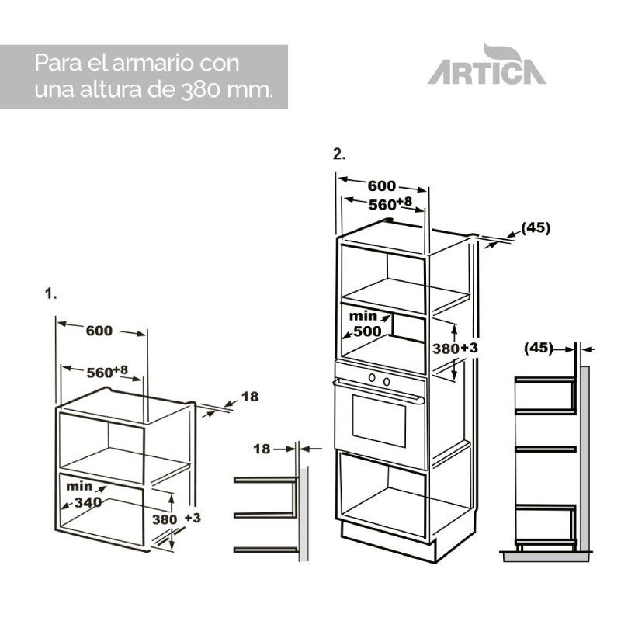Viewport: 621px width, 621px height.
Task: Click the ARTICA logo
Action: click(x=487, y=65)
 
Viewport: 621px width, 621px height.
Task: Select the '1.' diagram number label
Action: click(x=50, y=294)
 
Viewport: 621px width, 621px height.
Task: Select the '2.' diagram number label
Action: click(x=339, y=154)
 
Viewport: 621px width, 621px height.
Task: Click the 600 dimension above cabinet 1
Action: click(x=99, y=331)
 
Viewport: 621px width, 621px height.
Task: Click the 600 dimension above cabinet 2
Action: click(x=381, y=186)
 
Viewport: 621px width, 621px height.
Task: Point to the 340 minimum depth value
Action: click(x=88, y=502)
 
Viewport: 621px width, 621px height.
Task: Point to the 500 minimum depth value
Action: click(x=367, y=331)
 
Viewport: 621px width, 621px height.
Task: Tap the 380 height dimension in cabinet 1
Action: click(x=165, y=519)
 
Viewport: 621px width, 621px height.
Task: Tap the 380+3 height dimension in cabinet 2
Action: click(x=455, y=349)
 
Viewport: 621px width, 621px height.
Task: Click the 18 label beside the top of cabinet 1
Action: click(x=250, y=397)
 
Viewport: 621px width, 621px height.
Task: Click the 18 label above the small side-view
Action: click(x=262, y=449)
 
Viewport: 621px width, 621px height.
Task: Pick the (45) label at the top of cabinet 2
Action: click(x=536, y=227)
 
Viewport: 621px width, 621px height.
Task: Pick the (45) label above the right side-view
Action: click(x=538, y=348)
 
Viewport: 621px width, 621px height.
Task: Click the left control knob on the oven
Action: click(x=372, y=378)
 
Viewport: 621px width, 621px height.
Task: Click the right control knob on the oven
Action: click(x=387, y=382)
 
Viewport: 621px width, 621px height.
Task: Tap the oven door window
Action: click(x=379, y=421)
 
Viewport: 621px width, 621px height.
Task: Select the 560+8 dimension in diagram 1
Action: click(x=107, y=372)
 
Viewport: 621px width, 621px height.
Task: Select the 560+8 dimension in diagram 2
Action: click(x=390, y=203)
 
